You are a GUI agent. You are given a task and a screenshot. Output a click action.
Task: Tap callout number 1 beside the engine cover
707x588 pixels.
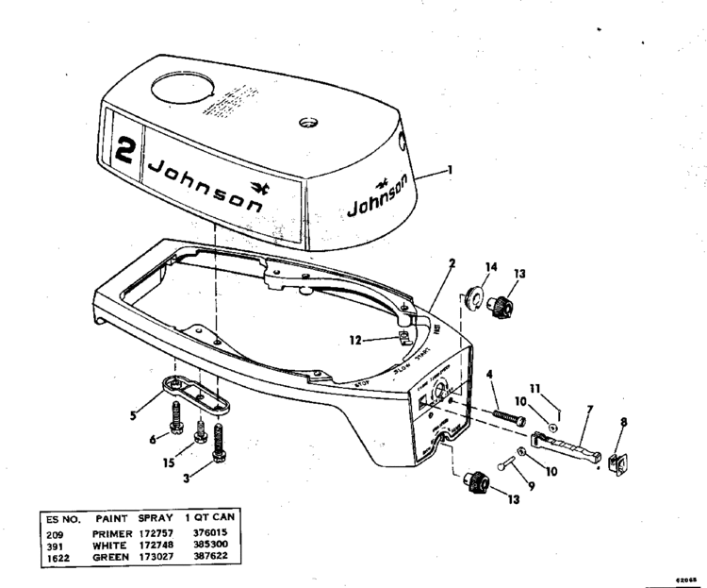(x=450, y=170)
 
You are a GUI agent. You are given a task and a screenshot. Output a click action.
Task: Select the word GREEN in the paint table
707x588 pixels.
(x=111, y=557)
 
